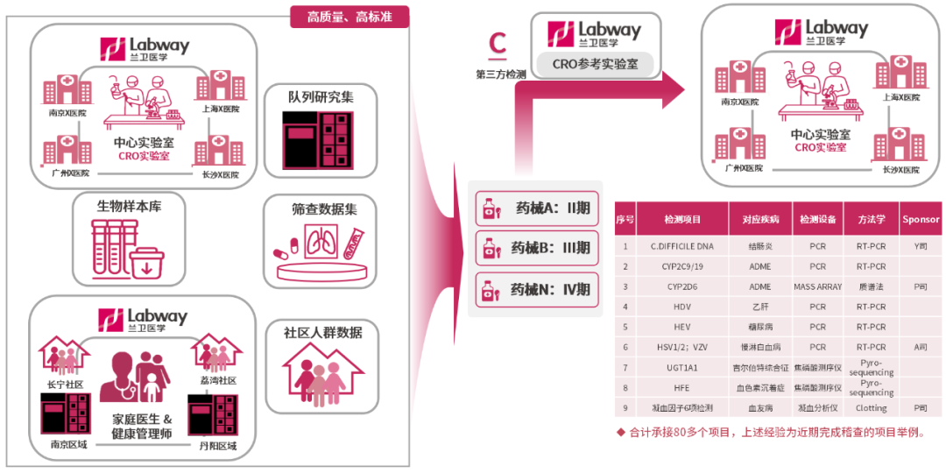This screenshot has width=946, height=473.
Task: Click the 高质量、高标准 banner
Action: point(349,17)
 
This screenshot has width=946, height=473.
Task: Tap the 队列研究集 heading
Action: point(321,97)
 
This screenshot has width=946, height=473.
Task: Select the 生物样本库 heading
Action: point(129,207)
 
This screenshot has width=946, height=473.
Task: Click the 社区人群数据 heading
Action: point(322,333)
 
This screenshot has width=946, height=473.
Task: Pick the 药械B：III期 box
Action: point(535,249)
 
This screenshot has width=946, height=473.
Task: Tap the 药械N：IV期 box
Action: point(535,289)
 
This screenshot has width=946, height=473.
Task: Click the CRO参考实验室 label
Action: point(595,64)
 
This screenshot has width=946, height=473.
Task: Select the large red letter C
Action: point(498,42)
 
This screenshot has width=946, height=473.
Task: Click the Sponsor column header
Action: point(920,220)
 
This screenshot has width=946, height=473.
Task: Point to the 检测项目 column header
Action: point(682,220)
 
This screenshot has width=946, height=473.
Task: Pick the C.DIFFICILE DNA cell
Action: point(682,247)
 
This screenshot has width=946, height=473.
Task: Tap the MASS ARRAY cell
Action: point(817,286)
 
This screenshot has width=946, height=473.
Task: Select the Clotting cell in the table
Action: point(871,408)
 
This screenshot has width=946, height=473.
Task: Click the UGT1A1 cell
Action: point(682,368)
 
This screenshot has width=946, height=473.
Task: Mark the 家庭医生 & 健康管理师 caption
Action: point(142,426)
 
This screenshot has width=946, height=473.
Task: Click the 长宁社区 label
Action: point(65,384)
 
